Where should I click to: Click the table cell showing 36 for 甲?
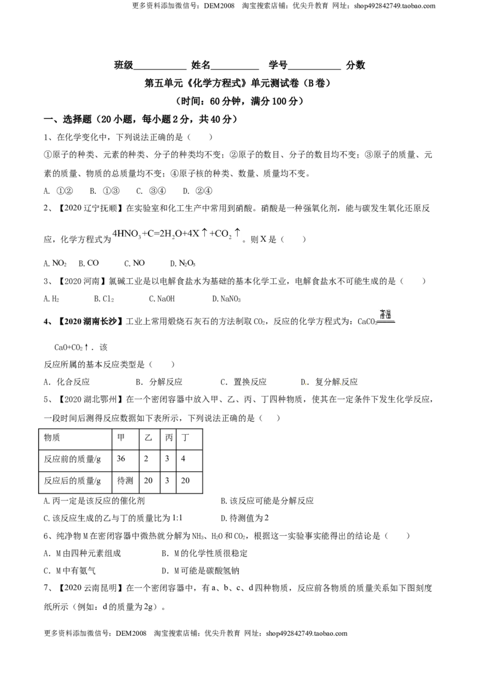tap(121, 459)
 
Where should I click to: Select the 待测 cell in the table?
tap(125, 481)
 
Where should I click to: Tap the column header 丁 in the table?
tap(186, 437)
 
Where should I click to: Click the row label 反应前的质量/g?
tap(72, 459)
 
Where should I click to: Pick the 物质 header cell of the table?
tap(52, 437)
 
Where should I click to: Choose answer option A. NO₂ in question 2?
tap(55, 263)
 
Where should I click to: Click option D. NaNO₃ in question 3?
tap(226, 299)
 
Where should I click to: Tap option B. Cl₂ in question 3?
tap(104, 299)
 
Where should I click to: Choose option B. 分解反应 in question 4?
tap(159, 382)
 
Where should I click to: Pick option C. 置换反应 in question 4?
tap(243, 382)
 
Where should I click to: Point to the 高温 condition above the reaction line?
tap(385, 314)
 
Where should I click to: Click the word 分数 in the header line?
tap(356, 65)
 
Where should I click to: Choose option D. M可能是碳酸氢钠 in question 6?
tap(200, 571)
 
